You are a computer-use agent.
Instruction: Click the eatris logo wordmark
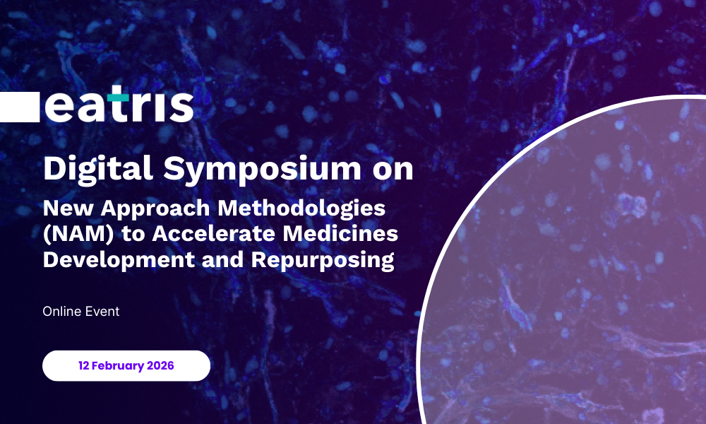[x=119, y=104]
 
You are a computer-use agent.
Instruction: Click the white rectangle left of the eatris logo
[x=20, y=107]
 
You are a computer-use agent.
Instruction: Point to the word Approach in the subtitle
[x=155, y=209]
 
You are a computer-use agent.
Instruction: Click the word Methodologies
[x=301, y=209]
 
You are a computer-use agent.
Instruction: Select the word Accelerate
[x=214, y=234]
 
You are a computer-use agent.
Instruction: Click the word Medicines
[x=341, y=234]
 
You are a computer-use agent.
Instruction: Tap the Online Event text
[x=81, y=312]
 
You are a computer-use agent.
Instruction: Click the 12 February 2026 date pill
[x=126, y=365]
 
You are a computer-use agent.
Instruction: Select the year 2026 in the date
[x=160, y=365]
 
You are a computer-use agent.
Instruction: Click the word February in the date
[x=118, y=366]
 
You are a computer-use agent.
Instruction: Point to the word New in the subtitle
[x=68, y=208]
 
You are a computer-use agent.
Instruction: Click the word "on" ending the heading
[x=393, y=170]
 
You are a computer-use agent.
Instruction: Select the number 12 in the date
[x=84, y=365]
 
